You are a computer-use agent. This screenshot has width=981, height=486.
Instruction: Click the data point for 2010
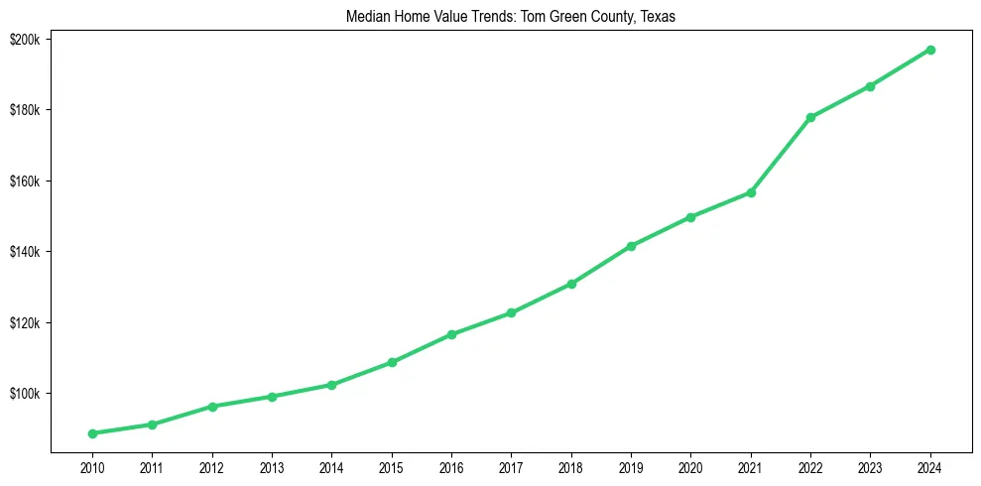tap(92, 433)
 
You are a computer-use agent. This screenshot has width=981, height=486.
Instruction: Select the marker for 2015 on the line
tap(392, 362)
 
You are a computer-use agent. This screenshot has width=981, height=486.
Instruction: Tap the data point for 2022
tap(810, 117)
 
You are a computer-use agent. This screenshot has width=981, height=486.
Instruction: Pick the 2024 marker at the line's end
tap(930, 50)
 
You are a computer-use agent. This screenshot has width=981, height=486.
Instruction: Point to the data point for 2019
tap(631, 246)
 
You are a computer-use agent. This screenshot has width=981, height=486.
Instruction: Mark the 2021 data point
tap(751, 192)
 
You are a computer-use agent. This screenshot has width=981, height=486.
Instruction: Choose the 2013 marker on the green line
tap(272, 397)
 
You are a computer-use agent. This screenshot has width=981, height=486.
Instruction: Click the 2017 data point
tap(511, 312)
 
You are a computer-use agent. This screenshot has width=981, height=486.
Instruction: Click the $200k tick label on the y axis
tap(24, 39)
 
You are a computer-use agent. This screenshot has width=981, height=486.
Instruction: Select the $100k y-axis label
tap(24, 394)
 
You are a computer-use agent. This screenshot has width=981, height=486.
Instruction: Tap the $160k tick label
tap(24, 182)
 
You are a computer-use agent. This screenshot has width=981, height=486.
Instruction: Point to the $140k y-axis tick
tap(24, 252)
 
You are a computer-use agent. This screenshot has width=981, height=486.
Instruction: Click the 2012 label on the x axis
tap(211, 466)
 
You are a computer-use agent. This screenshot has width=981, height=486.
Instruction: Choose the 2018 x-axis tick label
tap(571, 466)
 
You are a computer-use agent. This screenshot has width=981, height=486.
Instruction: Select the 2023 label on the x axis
tap(870, 466)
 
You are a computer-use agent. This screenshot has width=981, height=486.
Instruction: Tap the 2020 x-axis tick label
tap(690, 466)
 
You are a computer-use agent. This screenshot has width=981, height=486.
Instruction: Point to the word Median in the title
tap(366, 17)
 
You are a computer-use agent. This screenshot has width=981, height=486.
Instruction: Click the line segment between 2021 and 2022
tap(781, 155)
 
